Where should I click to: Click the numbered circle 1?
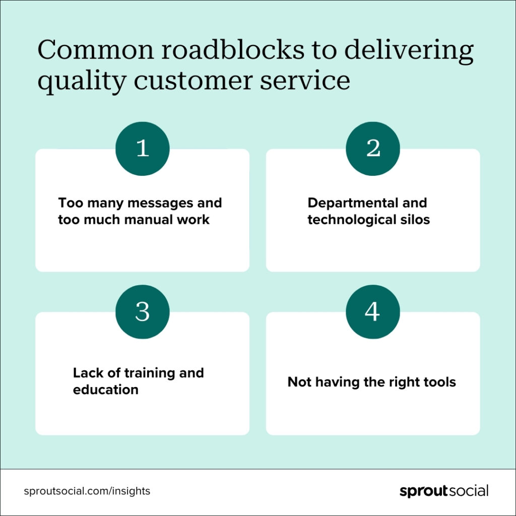tap(143, 149)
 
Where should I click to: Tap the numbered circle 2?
tap(373, 149)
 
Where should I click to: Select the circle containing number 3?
tap(143, 311)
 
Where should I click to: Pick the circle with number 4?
tap(373, 311)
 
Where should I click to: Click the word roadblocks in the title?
tap(233, 49)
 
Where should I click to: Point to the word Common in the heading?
tap(95, 50)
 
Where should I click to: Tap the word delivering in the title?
tap(409, 51)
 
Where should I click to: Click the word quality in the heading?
tap(82, 81)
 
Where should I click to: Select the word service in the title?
tap(305, 80)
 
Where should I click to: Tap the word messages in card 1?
tap(160, 204)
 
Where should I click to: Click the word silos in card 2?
tap(415, 220)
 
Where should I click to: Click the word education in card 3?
tap(106, 390)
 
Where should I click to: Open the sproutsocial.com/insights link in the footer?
tap(87, 491)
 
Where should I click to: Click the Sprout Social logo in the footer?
tap(444, 491)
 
